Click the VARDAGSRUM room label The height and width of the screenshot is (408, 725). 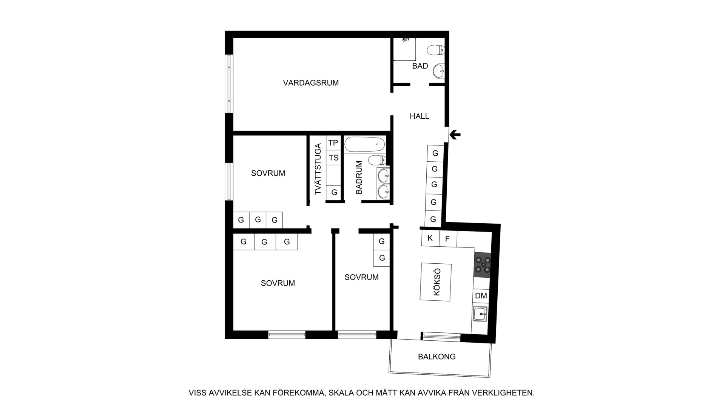[311, 83]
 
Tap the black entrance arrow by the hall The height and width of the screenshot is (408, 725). [455, 134]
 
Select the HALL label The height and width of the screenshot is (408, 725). [420, 116]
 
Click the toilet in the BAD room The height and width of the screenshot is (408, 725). [436, 50]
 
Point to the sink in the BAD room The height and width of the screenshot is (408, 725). [439, 71]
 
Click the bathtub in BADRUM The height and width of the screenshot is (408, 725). [365, 144]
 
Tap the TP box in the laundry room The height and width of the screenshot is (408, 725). [333, 143]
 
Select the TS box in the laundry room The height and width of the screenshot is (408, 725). [333, 158]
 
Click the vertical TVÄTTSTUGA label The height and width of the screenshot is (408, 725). [318, 169]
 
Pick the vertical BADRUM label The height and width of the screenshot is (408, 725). [359, 178]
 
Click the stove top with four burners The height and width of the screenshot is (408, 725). [483, 265]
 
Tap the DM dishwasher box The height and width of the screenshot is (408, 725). [481, 296]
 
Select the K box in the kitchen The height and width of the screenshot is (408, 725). [430, 238]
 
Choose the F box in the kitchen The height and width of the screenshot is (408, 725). [448, 239]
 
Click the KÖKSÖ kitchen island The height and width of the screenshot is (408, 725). [436, 282]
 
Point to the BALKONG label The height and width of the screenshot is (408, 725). [437, 357]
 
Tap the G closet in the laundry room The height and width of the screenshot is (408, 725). [334, 192]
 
